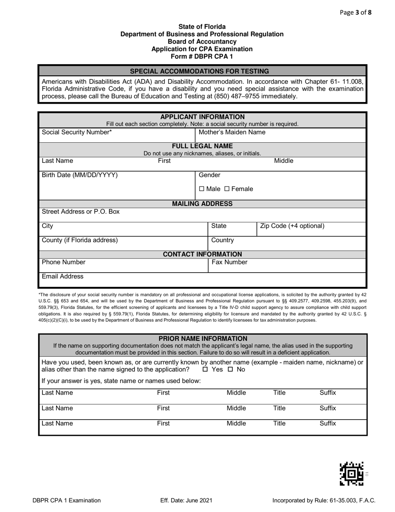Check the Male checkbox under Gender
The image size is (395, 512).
(x=202, y=189)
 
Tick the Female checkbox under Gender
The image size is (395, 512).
(x=227, y=189)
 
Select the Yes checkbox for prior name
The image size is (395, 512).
(x=205, y=370)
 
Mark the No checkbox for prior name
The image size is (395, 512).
(x=230, y=370)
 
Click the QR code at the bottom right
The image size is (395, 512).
(x=352, y=474)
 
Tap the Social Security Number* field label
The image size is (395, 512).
(x=77, y=132)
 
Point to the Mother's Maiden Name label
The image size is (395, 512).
(x=232, y=132)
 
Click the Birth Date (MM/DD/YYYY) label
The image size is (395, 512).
(x=80, y=175)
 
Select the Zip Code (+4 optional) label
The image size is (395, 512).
(x=292, y=226)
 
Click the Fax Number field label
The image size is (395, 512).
(x=230, y=262)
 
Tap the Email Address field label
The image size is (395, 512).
(x=63, y=276)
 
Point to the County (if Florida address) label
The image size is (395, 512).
(x=80, y=240)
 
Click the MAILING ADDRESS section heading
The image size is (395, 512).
(x=202, y=204)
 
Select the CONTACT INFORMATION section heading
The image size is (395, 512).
(x=202, y=254)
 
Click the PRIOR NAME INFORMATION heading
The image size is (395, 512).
(x=203, y=339)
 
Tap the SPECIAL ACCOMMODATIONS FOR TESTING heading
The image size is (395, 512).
(x=200, y=71)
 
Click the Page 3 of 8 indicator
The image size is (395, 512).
(x=356, y=12)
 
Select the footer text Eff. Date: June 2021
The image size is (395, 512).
(x=186, y=500)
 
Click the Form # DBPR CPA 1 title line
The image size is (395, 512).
(x=202, y=56)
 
